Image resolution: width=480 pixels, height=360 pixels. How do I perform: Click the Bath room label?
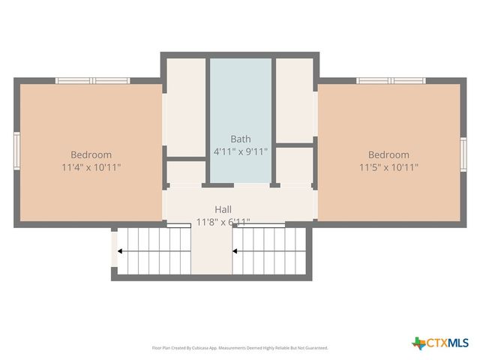[241, 139]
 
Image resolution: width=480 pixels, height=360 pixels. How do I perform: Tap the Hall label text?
[223, 209]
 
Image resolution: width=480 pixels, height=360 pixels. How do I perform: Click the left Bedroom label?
[91, 155]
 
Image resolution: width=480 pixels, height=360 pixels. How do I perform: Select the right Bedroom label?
[388, 155]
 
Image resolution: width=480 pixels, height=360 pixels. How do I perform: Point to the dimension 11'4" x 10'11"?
[91, 167]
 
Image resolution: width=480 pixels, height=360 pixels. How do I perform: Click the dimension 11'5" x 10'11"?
[388, 167]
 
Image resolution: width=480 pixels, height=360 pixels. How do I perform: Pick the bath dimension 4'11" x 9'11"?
[241, 151]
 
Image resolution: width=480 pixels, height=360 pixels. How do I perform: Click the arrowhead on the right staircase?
[235, 251]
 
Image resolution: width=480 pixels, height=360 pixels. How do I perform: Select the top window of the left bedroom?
[93, 80]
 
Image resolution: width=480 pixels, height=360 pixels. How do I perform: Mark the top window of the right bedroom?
[391, 80]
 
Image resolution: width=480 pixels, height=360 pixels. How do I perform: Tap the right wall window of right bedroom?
[463, 153]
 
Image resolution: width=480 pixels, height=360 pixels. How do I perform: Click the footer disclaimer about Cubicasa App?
[240, 348]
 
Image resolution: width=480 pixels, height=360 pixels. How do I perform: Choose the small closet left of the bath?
[185, 172]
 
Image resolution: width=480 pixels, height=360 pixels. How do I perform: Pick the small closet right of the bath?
[295, 165]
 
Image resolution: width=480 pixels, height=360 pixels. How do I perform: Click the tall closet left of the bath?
[185, 106]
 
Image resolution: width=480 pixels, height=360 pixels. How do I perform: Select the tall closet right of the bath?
[295, 99]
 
